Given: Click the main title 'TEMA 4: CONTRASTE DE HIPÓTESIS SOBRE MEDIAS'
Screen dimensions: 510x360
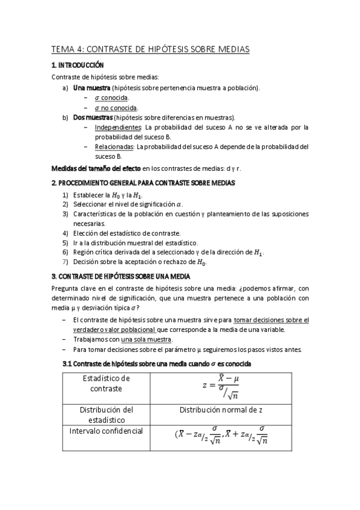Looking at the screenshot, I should tap(150, 50).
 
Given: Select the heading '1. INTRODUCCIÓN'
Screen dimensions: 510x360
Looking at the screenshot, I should tap(78, 65).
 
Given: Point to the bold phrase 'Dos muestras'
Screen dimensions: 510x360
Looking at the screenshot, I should tap(93, 117).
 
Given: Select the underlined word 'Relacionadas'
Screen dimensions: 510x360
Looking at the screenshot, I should tap(114, 147).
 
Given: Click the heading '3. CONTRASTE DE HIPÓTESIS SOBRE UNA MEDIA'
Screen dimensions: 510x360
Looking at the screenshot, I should tap(121, 277).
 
